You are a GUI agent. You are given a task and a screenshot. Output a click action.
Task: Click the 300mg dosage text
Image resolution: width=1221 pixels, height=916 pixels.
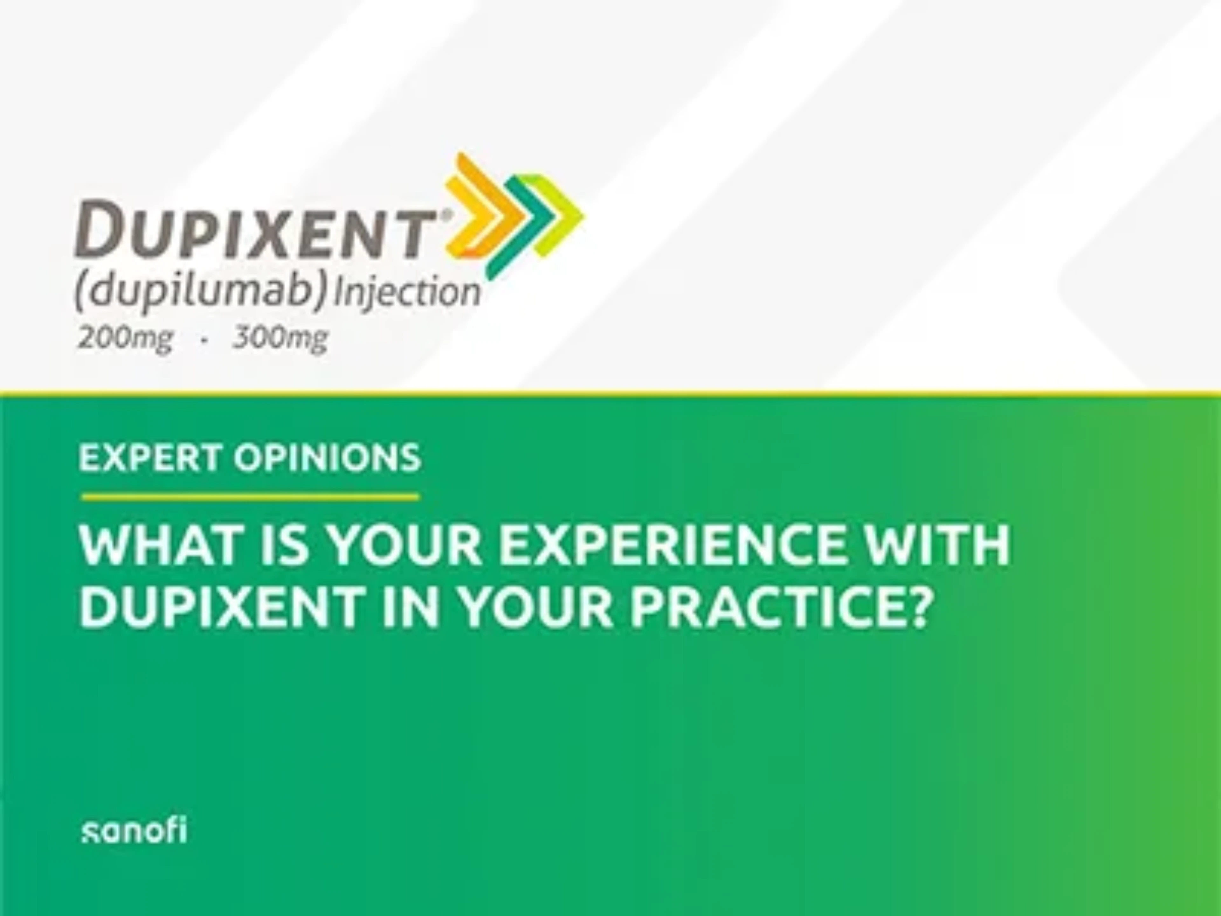tap(280, 337)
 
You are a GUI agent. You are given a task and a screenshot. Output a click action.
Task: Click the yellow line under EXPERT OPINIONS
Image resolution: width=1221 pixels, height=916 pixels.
tap(250, 497)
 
